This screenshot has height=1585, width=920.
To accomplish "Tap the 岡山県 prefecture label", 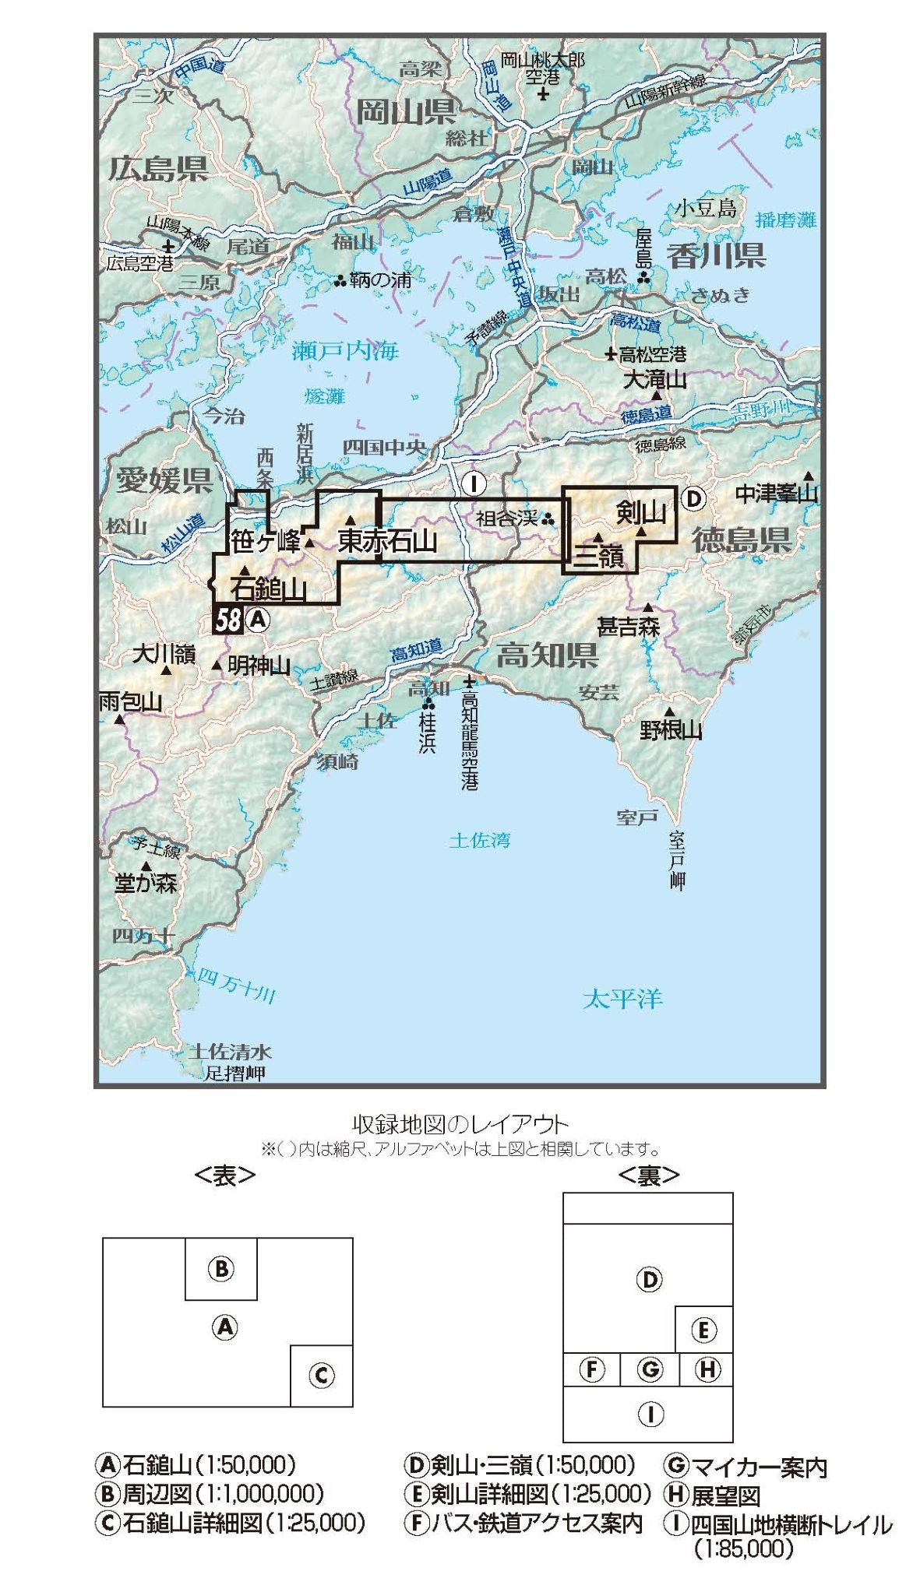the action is click(x=406, y=112).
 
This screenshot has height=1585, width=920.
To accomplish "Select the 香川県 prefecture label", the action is click(x=715, y=255).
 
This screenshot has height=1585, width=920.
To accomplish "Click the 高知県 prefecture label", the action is click(x=547, y=655).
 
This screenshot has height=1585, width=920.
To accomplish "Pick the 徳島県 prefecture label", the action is click(x=742, y=539).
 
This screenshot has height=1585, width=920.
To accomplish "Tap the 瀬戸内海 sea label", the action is click(x=344, y=352).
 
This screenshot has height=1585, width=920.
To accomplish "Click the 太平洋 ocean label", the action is click(x=622, y=999).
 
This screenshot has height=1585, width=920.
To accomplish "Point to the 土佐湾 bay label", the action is click(x=479, y=840).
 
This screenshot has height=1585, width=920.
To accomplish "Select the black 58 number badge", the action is click(x=227, y=620).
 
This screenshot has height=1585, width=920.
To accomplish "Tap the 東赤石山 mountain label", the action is click(x=386, y=541).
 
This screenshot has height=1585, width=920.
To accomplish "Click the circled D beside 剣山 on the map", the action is click(x=693, y=498).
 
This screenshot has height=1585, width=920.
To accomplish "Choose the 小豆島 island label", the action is click(x=705, y=208).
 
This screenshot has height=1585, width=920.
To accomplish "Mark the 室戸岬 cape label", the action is click(x=676, y=860).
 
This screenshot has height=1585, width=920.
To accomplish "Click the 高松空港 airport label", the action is click(x=652, y=355).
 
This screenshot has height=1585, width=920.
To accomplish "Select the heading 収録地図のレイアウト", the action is click(x=460, y=1124).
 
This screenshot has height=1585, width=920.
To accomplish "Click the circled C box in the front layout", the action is click(x=321, y=1376).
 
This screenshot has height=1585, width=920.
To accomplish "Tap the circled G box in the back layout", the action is click(x=650, y=1369).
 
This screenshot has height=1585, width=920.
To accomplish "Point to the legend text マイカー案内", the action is click(x=759, y=1467).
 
